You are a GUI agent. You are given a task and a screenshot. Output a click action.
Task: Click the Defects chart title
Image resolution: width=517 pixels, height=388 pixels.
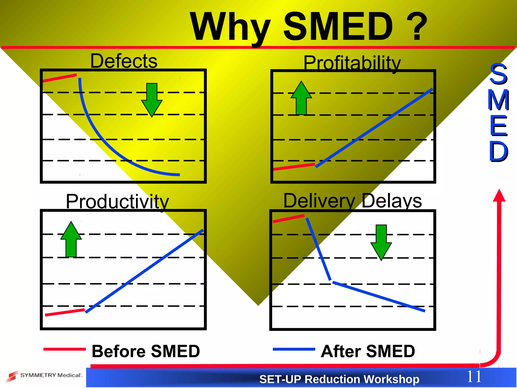click(x=124, y=61)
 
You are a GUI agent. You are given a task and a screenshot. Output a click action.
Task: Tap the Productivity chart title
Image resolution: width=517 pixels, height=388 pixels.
click(x=117, y=202)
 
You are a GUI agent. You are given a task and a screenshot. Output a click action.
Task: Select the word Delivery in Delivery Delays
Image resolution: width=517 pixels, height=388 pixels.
click(x=319, y=201)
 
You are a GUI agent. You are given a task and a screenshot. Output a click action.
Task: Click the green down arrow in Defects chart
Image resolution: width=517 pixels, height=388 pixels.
click(x=152, y=100)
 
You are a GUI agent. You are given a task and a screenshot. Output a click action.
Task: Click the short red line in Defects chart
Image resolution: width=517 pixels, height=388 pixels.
click(x=60, y=78)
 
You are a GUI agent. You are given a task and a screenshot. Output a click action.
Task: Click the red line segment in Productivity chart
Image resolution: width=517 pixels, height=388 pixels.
click(x=65, y=312)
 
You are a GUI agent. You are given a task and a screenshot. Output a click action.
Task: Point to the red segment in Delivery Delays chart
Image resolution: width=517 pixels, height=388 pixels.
click(x=289, y=219)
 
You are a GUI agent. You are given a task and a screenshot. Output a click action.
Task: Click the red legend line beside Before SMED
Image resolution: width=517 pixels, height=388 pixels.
click(x=65, y=349)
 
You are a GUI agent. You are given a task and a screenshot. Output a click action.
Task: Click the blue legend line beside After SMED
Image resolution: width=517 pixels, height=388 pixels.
click(x=294, y=349)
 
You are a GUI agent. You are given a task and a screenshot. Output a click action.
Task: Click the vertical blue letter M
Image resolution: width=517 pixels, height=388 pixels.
click(x=498, y=100)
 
